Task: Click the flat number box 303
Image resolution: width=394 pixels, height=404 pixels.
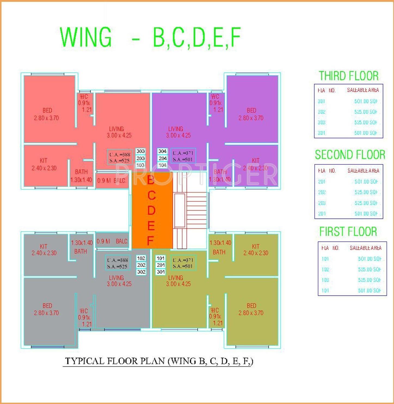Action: click(x=141, y=151)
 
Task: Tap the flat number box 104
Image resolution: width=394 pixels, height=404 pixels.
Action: click(x=162, y=165)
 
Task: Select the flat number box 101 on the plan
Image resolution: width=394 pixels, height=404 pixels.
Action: click(x=161, y=258)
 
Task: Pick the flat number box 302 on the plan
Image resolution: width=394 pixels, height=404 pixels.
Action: click(x=141, y=272)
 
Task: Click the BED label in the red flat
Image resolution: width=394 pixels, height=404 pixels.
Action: click(x=47, y=110)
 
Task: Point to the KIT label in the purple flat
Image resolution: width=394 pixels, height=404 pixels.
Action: click(x=256, y=160)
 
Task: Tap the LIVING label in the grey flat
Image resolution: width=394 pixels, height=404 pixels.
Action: click(x=116, y=278)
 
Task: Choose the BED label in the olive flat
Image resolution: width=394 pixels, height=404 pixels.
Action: click(x=251, y=306)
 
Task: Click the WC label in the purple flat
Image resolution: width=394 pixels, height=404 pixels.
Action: click(x=215, y=97)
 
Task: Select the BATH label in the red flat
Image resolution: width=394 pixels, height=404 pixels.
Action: click(x=81, y=172)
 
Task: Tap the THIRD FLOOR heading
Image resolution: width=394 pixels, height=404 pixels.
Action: click(x=349, y=76)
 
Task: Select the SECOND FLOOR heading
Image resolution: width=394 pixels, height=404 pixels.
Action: click(x=350, y=155)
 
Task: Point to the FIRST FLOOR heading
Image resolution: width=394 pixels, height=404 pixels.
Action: click(x=348, y=232)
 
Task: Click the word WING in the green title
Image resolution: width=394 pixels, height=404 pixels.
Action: click(x=86, y=37)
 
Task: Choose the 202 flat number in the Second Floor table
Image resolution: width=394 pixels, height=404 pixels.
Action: click(x=322, y=192)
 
